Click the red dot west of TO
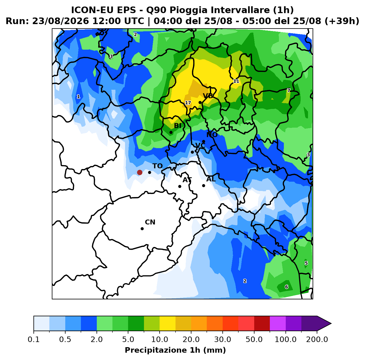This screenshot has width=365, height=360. tap(140, 172)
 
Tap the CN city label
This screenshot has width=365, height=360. tap(150, 222)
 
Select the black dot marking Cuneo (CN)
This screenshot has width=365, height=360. tap(142, 229)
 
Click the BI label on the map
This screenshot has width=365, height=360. tap(178, 125)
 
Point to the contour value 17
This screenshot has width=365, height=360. tap(188, 103)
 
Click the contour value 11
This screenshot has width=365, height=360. tap(236, 81)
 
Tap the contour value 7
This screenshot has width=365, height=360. tap(288, 91)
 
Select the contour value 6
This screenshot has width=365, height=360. tap(287, 287)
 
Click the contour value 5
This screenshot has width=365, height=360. tap(306, 263)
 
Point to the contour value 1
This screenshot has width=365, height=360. tap(78, 97)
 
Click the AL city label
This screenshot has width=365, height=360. tap(211, 179)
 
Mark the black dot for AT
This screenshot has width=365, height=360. tap(180, 186)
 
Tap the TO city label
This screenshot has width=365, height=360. tap(158, 166)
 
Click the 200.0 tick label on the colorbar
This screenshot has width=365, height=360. tap(317, 339)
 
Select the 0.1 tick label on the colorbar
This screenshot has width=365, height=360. tap(34, 339)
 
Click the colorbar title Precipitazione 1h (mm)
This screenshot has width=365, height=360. tap(175, 350)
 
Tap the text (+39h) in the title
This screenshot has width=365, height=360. tap(342, 21)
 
